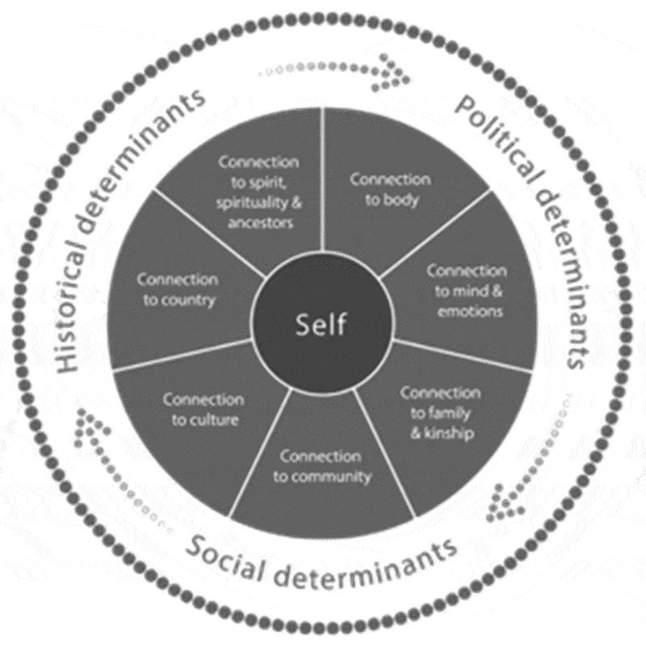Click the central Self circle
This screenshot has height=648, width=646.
click(321, 325)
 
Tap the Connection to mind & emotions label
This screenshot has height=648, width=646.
click(466, 290)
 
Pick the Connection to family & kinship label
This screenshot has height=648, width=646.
click(441, 413)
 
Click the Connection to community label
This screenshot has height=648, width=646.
click(321, 466)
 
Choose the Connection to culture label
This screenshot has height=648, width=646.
click(203, 409)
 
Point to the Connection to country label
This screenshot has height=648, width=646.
click(177, 290)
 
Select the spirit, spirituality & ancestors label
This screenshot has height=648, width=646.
click(258, 192)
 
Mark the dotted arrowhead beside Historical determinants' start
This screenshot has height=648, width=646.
click(83, 424)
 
